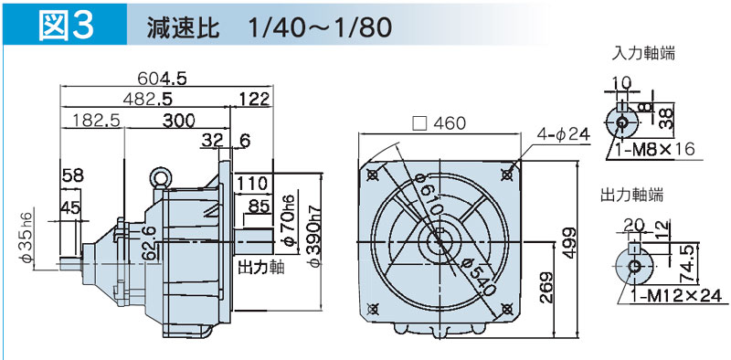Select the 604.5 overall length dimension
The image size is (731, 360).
163,79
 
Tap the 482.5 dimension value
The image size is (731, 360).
148,99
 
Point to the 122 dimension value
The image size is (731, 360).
254,99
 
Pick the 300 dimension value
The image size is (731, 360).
179,121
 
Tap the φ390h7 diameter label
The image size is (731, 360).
315,236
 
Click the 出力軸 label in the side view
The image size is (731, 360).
261,269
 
